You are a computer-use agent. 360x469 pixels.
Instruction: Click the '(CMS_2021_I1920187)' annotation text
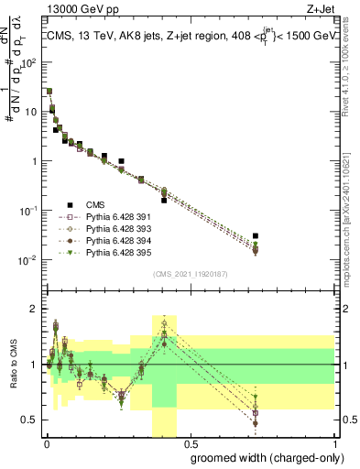[x=191, y=273]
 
